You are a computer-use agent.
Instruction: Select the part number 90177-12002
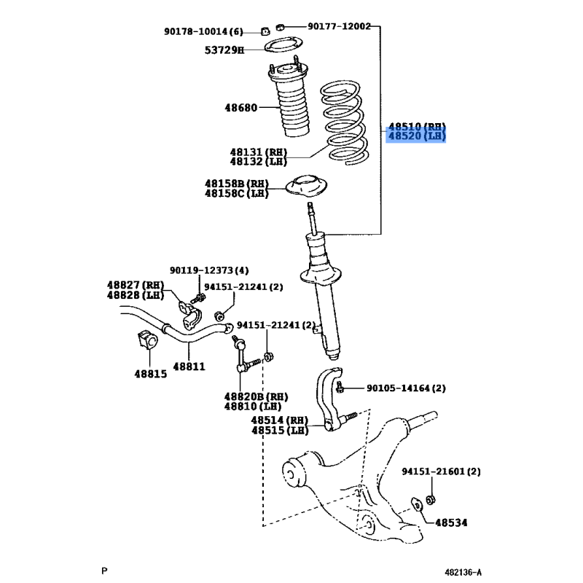(x=339, y=26)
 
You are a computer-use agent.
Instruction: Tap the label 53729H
(x=224, y=50)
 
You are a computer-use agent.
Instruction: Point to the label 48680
(x=240, y=108)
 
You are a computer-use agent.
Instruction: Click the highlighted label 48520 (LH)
(x=416, y=136)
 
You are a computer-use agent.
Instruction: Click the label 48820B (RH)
(x=256, y=396)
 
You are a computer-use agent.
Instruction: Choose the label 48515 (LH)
(x=280, y=431)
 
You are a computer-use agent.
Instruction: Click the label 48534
(x=452, y=523)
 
